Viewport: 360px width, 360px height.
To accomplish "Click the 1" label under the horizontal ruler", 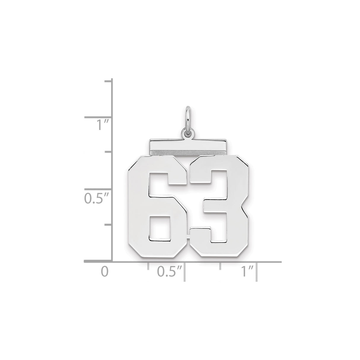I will pos(246,272).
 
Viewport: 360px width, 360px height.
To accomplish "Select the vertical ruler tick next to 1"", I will pos(98,118).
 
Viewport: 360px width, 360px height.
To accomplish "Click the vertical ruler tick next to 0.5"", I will pos(98,189).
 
